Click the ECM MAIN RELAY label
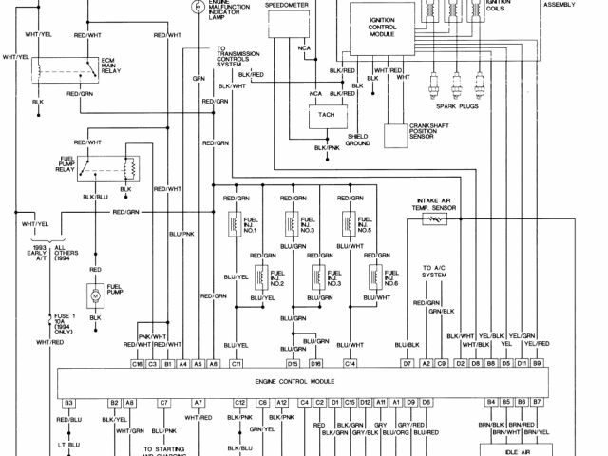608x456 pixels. pos(113,68)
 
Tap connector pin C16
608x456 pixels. pos(138,364)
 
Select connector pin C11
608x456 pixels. pos(237,364)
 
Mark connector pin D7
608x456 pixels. pos(406,364)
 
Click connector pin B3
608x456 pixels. pos(69,402)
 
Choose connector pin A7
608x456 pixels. pos(199,402)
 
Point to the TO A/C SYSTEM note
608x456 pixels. pos(439,274)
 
